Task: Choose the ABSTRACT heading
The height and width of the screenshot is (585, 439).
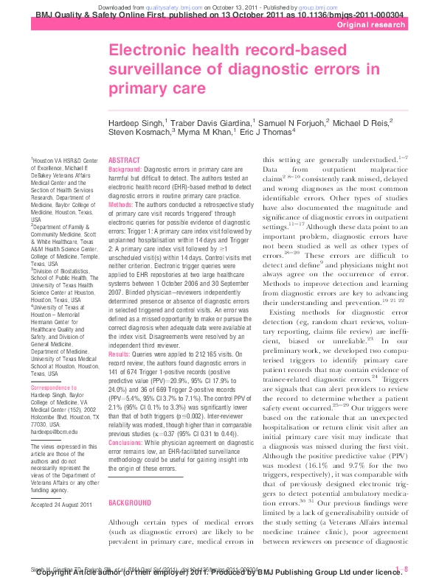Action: coord(123,160)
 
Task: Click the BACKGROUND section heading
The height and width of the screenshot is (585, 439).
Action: coord(129,480)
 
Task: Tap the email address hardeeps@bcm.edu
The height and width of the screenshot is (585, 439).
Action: coord(54,431)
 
